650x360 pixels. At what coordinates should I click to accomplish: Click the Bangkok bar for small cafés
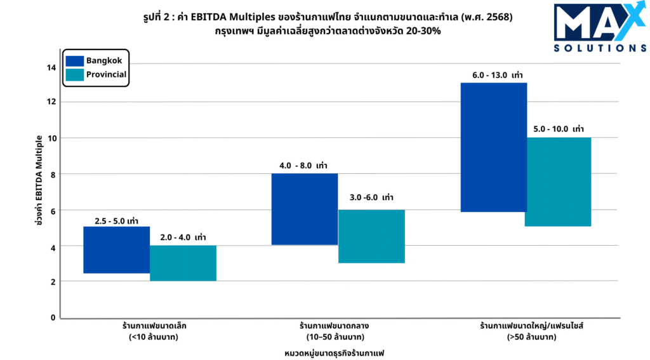(116, 250)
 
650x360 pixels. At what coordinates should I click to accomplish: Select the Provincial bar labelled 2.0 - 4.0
(183, 263)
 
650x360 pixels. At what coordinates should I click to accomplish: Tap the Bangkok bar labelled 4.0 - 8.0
(305, 209)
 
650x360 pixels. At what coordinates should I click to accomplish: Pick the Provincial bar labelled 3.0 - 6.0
(371, 236)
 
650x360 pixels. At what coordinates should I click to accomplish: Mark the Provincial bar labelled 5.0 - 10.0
(558, 182)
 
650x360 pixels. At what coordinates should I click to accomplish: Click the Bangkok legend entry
(95, 60)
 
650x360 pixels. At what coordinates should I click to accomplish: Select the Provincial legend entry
(96, 74)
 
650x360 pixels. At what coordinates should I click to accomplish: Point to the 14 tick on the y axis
(51, 67)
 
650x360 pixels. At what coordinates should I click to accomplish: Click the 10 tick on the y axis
(51, 138)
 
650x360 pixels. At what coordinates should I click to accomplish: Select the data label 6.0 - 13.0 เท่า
(497, 76)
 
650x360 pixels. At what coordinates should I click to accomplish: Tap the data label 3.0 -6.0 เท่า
(371, 197)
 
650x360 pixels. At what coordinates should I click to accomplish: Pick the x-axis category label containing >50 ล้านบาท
(531, 331)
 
